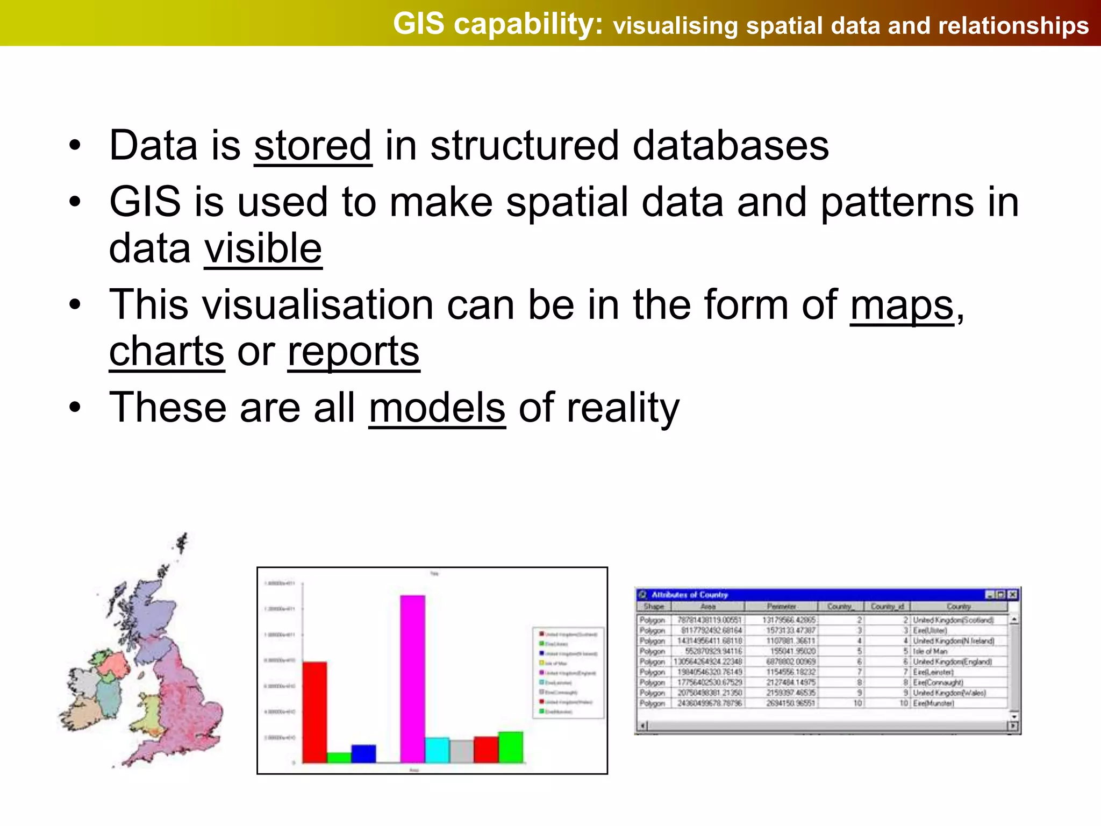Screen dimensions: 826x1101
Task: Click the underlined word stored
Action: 313,146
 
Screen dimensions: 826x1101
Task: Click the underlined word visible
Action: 263,248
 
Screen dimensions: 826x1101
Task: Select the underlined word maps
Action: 902,305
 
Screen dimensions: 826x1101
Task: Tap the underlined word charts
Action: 167,351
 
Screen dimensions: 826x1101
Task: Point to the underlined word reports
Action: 353,351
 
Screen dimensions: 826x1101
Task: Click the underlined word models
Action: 437,408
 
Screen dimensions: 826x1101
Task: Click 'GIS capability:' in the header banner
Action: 498,24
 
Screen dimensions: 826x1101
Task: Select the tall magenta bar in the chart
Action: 412,678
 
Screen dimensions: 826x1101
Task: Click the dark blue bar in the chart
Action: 363,753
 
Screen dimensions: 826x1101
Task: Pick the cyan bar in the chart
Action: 437,750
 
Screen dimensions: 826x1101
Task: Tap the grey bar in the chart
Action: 461,751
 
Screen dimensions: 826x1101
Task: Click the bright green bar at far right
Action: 510,747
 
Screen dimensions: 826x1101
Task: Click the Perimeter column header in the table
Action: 781,607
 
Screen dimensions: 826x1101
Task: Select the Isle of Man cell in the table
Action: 930,651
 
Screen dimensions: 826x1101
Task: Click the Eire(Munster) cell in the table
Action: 933,703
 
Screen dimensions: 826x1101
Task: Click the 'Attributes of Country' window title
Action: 689,595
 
